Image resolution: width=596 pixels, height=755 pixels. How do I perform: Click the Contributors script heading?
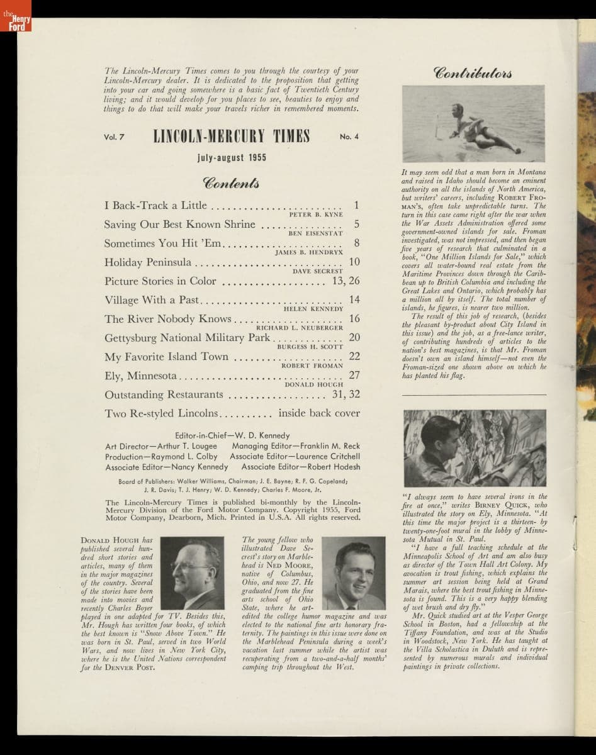click(x=473, y=71)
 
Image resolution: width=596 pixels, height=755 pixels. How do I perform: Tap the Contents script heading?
click(x=231, y=182)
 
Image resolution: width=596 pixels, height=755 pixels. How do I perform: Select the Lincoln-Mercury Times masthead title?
click(x=232, y=137)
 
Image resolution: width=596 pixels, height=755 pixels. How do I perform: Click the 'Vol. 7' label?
click(x=115, y=137)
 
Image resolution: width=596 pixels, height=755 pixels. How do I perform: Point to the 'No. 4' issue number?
click(x=349, y=137)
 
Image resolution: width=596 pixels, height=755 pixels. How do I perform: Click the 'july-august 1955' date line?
click(x=232, y=157)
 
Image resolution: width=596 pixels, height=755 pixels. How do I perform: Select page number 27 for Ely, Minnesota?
click(x=354, y=376)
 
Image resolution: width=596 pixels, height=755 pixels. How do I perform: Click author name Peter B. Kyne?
click(x=315, y=215)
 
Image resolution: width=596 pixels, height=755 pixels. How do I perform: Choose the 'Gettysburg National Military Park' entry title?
click(x=187, y=338)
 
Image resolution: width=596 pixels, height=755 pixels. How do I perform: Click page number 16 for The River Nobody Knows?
click(x=354, y=319)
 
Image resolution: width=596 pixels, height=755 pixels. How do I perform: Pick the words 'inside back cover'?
click(x=319, y=413)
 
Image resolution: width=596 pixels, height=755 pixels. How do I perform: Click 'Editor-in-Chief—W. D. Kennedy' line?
click(x=232, y=435)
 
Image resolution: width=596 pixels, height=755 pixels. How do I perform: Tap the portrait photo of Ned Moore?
click(x=353, y=573)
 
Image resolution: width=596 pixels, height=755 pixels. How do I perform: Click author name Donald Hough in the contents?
click(x=313, y=384)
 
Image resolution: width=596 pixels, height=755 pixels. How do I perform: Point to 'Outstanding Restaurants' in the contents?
click(x=164, y=394)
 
